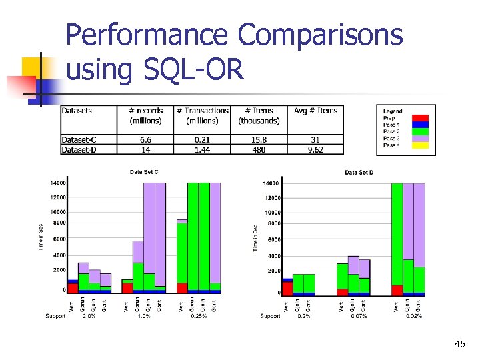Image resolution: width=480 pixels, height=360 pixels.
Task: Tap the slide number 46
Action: [x=459, y=344]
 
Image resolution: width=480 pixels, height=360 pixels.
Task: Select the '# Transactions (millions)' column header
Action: [x=202, y=115]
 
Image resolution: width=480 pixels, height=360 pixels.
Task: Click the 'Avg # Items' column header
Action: [x=315, y=111]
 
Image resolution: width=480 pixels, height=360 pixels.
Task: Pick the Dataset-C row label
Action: [x=79, y=140]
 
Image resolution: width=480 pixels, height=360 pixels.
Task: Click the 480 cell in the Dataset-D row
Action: [x=259, y=150]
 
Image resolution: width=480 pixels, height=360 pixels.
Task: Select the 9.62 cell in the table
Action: [x=315, y=150]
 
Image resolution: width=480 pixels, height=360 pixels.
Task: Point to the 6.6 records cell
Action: [x=145, y=140]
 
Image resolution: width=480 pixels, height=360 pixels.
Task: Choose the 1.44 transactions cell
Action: [x=202, y=150]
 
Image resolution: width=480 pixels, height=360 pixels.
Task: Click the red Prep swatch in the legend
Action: [x=420, y=118]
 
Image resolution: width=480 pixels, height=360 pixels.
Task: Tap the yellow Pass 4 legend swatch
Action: [x=420, y=145]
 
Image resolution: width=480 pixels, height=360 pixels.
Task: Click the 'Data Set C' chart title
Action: [x=143, y=172]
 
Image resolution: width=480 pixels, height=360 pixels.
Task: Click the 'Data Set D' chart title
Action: [x=359, y=173]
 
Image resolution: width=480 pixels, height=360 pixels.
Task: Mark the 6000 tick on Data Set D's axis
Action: [x=274, y=239]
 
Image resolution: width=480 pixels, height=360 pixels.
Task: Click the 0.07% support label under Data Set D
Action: [x=359, y=316]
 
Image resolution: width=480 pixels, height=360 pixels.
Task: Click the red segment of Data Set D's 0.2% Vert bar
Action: [x=287, y=287]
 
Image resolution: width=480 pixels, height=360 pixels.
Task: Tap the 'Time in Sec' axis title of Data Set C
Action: [x=40, y=237]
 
